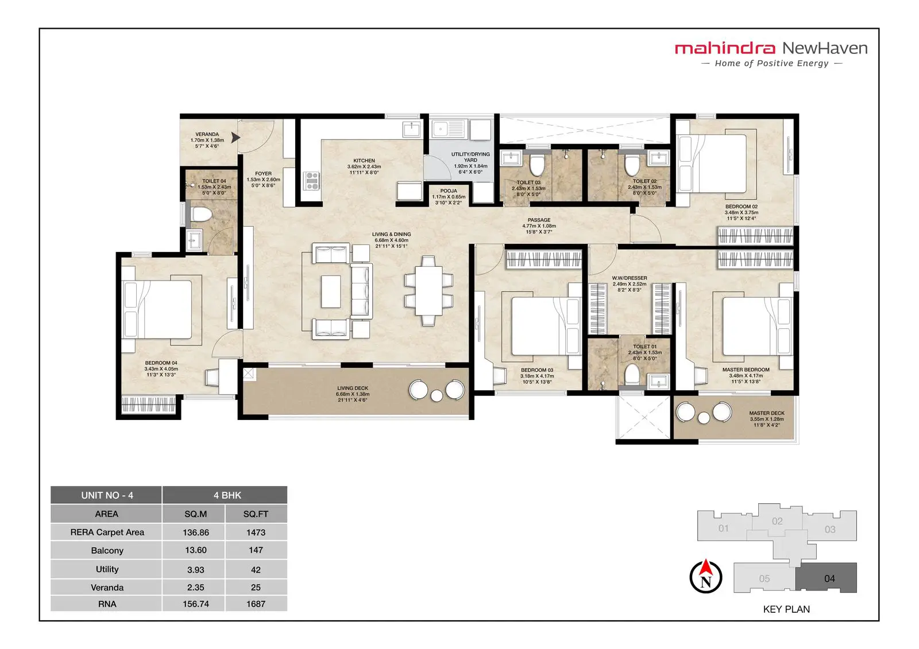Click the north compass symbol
tap(706, 577)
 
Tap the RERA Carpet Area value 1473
tap(256, 532)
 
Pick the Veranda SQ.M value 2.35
tap(195, 587)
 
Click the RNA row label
tap(107, 604)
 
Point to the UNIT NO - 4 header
tap(107, 495)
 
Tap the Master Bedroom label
tap(746, 370)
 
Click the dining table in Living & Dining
tap(428, 291)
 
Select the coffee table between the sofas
tap(331, 292)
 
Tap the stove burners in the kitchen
tap(312, 180)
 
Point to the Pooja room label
tap(449, 191)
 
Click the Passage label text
tap(539, 220)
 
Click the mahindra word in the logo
tap(725, 48)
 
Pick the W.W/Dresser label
tap(630, 278)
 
